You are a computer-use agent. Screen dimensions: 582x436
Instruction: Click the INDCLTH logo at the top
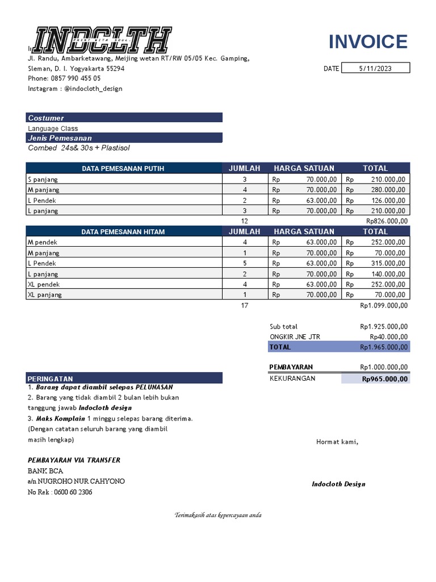pos(102,40)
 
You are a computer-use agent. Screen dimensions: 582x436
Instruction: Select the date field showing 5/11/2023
pos(375,68)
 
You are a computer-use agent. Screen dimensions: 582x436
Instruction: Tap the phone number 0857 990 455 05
pos(73,78)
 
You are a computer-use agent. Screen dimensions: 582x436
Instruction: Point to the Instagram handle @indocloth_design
pos(93,89)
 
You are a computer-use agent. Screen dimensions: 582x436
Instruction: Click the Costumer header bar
pos(124,118)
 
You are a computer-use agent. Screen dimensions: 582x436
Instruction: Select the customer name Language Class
pos(53,128)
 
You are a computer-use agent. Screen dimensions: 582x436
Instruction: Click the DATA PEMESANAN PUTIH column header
pos(123,168)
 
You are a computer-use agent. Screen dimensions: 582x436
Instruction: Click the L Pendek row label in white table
pos(42,200)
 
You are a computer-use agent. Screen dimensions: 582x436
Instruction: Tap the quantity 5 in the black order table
pos(245,263)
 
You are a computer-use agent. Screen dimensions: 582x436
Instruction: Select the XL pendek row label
pos(44,284)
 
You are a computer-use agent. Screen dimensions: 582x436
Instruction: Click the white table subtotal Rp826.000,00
pos(387,221)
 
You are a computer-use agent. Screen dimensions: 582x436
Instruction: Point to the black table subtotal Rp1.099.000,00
pos(384,305)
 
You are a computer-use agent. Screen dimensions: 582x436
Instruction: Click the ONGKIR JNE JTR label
pos(295,336)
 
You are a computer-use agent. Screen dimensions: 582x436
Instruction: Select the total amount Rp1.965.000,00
pos(384,347)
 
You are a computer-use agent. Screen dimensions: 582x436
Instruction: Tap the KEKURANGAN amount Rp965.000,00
pos(384,379)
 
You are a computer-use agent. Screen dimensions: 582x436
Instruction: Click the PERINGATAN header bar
pos(124,378)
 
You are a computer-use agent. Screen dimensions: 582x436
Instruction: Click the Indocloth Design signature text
pos(338,484)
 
